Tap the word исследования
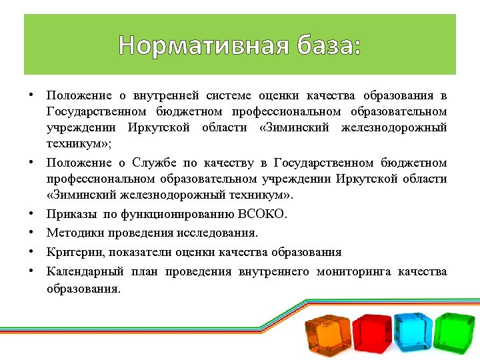[x=224, y=233]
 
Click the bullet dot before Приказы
[x=31, y=214]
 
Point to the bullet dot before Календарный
[x=31, y=271]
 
